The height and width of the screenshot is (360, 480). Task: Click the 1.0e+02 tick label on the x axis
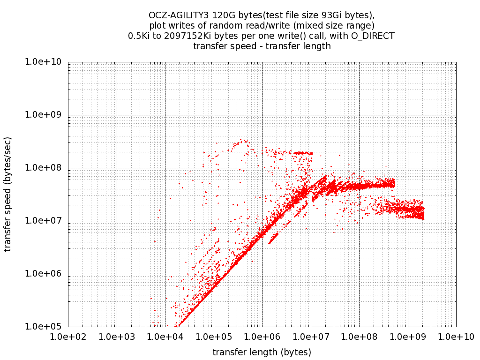coord(68,337)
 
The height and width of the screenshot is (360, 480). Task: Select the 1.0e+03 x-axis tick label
coord(117,337)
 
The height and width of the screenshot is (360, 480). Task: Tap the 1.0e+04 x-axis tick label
coord(165,337)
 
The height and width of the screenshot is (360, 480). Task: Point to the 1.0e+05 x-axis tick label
coord(214,337)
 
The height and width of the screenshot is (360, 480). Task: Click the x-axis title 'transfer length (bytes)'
coord(262,352)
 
